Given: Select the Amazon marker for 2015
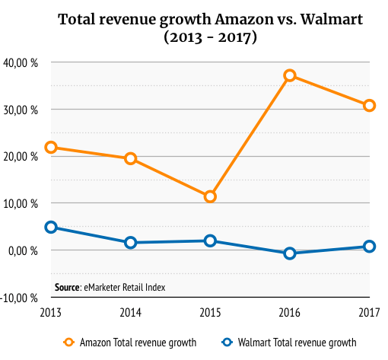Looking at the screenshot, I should (x=210, y=196).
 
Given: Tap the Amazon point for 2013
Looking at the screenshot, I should (x=51, y=147).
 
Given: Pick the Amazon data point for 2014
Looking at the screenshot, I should (x=130, y=158).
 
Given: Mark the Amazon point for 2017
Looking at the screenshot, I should (x=369, y=105).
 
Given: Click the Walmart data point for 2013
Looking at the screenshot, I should (x=51, y=227).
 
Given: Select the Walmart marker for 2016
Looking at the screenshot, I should (x=290, y=253).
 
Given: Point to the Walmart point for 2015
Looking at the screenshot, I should (x=210, y=241).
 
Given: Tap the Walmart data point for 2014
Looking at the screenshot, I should (x=130, y=243).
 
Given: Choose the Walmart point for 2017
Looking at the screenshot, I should (x=369, y=247).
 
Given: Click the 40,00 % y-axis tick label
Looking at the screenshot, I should (x=22, y=62).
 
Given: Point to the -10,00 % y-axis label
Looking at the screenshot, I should (x=21, y=298).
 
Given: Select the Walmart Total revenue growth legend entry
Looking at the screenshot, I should (x=289, y=342).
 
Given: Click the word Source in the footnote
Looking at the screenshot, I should (x=68, y=287).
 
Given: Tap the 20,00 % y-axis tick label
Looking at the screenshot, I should (x=22, y=157).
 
